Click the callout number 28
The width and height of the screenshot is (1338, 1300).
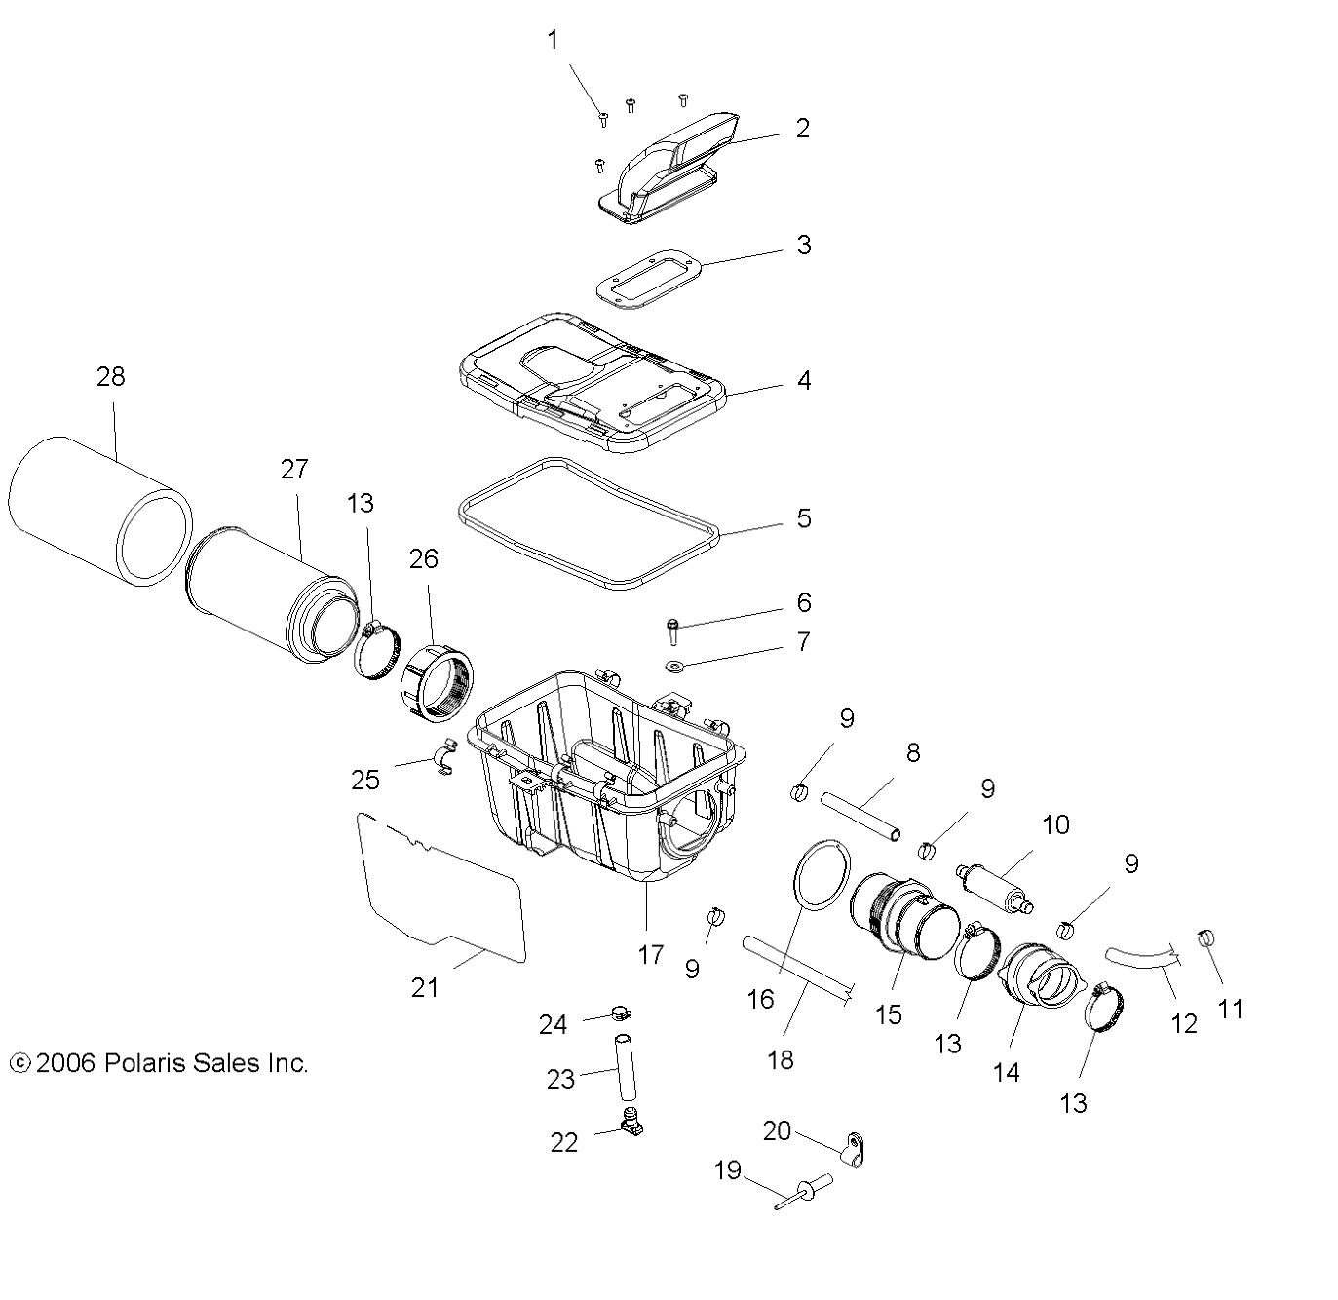coord(111,377)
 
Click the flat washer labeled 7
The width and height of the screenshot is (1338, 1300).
coord(674,667)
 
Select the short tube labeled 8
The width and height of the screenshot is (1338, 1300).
coord(860,817)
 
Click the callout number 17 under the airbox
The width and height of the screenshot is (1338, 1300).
coord(650,955)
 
